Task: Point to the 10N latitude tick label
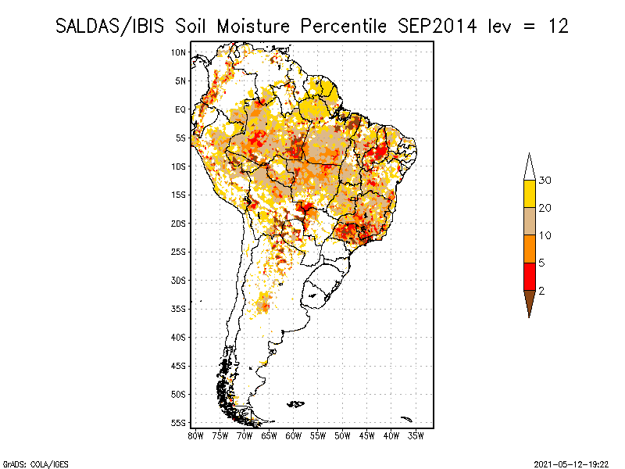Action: coord(179,52)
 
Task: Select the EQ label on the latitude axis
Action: coord(180,109)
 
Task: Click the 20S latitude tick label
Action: coord(179,223)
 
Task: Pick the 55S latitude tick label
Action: coord(179,422)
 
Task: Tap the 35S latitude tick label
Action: coord(179,309)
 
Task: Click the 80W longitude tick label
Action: coord(195,435)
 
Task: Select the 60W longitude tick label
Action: coord(294,435)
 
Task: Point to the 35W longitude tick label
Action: coord(416,435)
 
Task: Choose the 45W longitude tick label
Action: coord(367,435)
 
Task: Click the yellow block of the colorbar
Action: coord(530,193)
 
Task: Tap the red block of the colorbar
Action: coord(530,276)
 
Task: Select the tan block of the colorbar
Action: coord(530,221)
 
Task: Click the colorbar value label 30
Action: coord(545,181)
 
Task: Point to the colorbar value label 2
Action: coord(541,291)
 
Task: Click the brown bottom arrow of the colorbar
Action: coord(530,301)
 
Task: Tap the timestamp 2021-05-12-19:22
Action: coord(571,463)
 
